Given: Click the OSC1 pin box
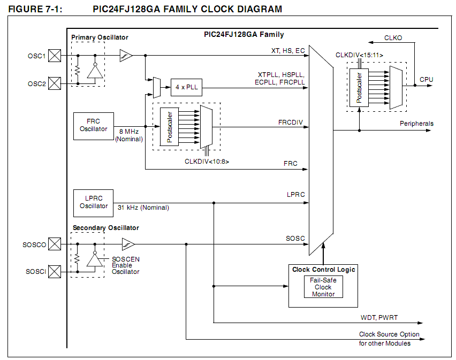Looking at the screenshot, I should point(55,55).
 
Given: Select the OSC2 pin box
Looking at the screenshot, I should point(55,83).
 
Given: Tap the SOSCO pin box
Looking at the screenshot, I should point(55,244).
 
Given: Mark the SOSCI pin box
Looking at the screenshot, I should point(55,271).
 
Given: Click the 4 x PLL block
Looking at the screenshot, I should point(186,87).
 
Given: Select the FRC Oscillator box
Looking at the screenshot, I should point(94,125).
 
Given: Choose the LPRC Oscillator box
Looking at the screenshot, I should point(94,202).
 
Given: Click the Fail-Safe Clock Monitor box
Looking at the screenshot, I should point(323,287).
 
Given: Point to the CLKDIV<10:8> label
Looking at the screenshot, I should point(207,161).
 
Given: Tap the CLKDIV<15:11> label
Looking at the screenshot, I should point(359,55).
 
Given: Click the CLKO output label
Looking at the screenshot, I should point(393,38).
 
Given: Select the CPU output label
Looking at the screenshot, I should point(427,79).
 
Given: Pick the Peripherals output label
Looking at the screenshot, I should point(416,124).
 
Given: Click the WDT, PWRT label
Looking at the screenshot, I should point(379,318).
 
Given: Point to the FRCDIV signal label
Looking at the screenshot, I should point(291,122).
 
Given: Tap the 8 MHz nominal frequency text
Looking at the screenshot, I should point(129,131).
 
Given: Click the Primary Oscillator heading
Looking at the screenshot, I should point(100,37).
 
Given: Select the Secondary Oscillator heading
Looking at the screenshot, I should point(105,227).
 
